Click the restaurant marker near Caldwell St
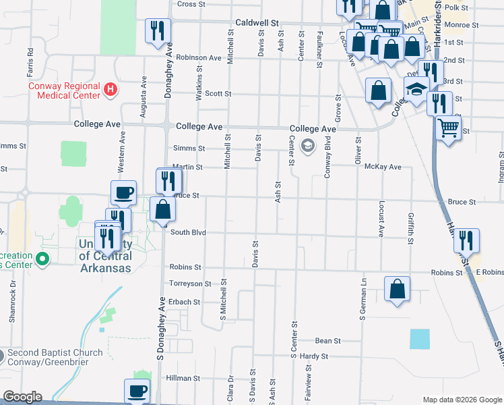coord(158,30)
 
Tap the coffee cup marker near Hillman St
coord(137,391)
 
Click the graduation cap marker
coord(416,89)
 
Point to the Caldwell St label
coord(257,23)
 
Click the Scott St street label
coord(218,94)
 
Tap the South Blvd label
coord(187,232)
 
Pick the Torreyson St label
coord(190,283)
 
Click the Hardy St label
coord(314,356)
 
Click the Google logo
coord(22,396)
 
